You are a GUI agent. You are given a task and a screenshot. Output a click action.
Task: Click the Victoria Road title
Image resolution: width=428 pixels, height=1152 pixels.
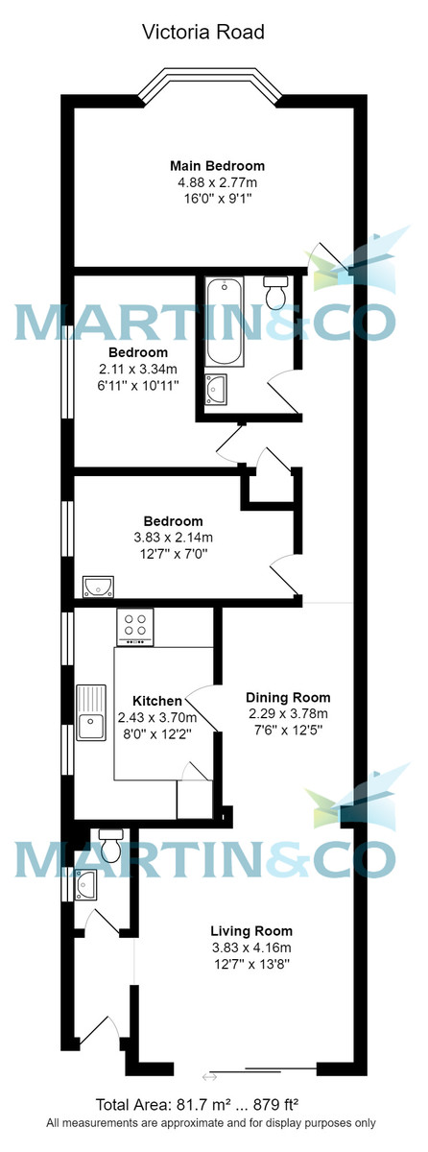(202, 33)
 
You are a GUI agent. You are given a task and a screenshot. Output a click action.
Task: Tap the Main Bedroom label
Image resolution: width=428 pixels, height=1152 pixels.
(217, 165)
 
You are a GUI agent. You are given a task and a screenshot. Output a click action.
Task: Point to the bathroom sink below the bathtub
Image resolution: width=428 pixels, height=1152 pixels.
(219, 388)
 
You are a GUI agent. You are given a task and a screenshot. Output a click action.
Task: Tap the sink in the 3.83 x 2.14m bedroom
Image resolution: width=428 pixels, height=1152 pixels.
(99, 585)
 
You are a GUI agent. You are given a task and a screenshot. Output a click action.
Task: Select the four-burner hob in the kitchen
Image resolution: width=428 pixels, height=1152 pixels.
(135, 628)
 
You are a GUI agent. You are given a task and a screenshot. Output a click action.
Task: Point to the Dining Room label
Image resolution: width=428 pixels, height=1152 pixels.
(288, 697)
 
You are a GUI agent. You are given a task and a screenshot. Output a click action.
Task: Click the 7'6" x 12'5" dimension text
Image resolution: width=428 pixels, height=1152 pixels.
(288, 730)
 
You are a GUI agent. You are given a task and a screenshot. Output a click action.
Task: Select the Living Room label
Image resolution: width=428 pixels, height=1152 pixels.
(251, 930)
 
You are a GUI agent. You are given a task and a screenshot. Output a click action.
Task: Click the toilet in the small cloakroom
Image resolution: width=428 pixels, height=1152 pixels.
(111, 846)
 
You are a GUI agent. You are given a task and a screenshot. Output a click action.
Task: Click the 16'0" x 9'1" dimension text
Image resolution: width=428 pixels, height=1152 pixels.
(217, 198)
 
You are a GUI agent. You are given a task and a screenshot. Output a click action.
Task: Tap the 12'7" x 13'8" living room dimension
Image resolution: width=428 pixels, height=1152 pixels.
(251, 963)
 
